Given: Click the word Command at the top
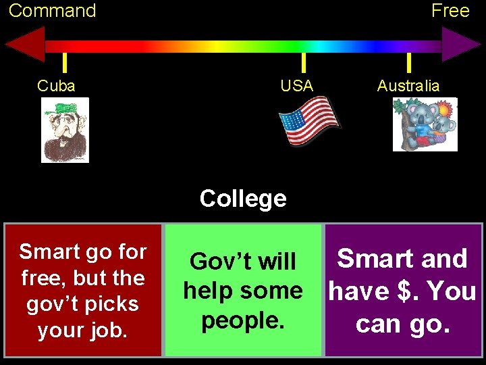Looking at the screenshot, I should tap(52, 11).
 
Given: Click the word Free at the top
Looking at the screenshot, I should tap(450, 11).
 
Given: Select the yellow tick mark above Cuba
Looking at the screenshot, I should tap(64, 62).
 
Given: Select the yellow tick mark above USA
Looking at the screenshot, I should tap(303, 62).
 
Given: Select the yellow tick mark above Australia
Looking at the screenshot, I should tap(408, 62).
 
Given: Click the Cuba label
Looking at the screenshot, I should tap(56, 86).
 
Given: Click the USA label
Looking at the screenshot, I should tap(297, 86).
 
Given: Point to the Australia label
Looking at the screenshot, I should tap(408, 86).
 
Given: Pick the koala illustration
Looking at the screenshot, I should tap(425, 124).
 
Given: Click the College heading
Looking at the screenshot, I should tap(243, 199).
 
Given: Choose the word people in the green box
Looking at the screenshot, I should tap(241, 320).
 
